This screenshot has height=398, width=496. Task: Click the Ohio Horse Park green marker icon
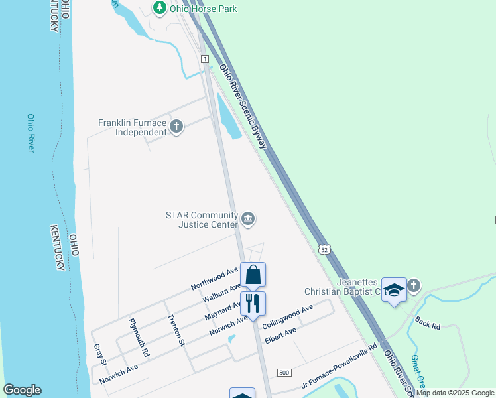pos(159,8)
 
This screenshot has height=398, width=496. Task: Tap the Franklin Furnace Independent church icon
pos(176,126)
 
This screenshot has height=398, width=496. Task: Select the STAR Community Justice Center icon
pos(248,219)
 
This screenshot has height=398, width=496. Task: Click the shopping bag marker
pos(253,275)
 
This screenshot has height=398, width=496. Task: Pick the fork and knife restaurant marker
pos(253,304)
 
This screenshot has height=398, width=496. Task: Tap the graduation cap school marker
pos(395,291)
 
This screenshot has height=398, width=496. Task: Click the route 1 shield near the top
pos(206,59)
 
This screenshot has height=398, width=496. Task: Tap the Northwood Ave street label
pos(214,278)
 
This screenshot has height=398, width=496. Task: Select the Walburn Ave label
pos(221,293)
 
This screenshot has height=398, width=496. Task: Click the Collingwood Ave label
pos(288,318)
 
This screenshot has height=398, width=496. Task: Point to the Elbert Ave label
pos(279,338)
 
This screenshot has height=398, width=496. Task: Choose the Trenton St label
pos(176,330)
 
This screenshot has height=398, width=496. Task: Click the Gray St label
pos(101,355)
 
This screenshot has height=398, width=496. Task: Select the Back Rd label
pos(428,322)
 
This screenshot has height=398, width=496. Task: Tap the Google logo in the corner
pos(22,390)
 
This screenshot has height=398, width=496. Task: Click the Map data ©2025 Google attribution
pos(456,393)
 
